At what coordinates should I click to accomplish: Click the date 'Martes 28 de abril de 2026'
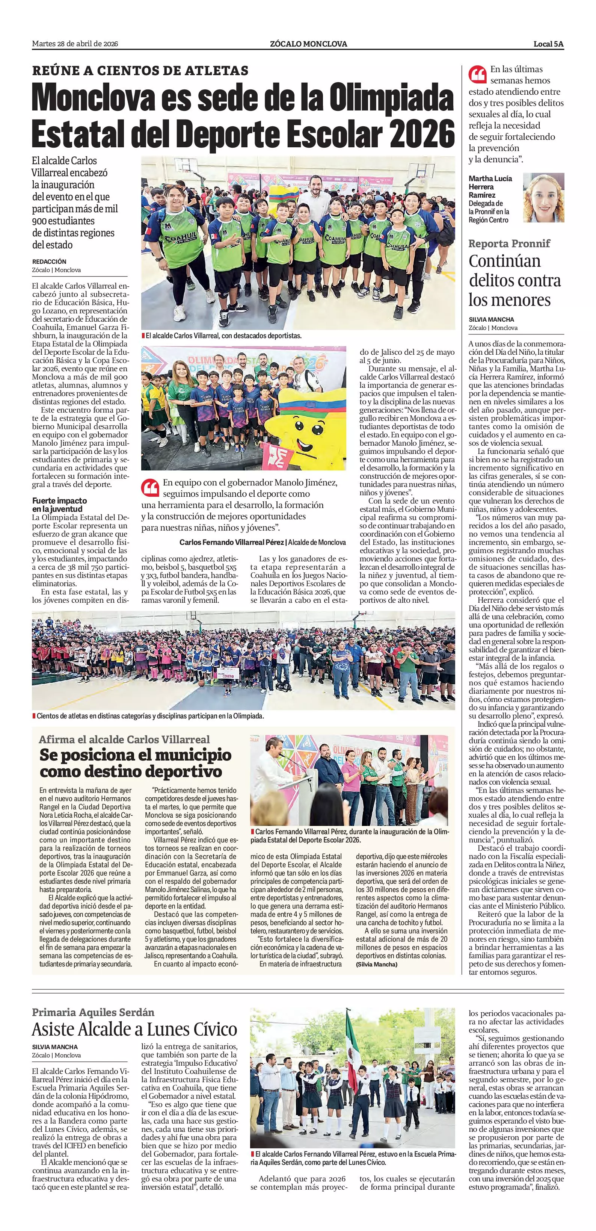75,44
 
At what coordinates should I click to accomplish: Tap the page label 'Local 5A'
548,44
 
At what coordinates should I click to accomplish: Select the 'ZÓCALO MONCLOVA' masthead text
308,44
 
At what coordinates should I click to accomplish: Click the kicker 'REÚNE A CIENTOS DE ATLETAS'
140,71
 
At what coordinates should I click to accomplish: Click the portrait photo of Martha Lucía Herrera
543,197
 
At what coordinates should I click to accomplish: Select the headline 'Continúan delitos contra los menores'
515,281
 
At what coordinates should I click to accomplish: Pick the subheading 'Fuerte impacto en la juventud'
60,505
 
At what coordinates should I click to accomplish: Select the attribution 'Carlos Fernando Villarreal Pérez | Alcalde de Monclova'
262,542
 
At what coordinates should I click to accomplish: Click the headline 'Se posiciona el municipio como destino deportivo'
136,763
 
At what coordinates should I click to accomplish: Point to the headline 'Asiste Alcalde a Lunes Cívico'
135,1029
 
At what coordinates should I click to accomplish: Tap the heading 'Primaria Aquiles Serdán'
93,1013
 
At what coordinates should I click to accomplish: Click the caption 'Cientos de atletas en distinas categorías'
150,716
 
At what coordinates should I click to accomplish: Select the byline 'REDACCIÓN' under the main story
49,262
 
